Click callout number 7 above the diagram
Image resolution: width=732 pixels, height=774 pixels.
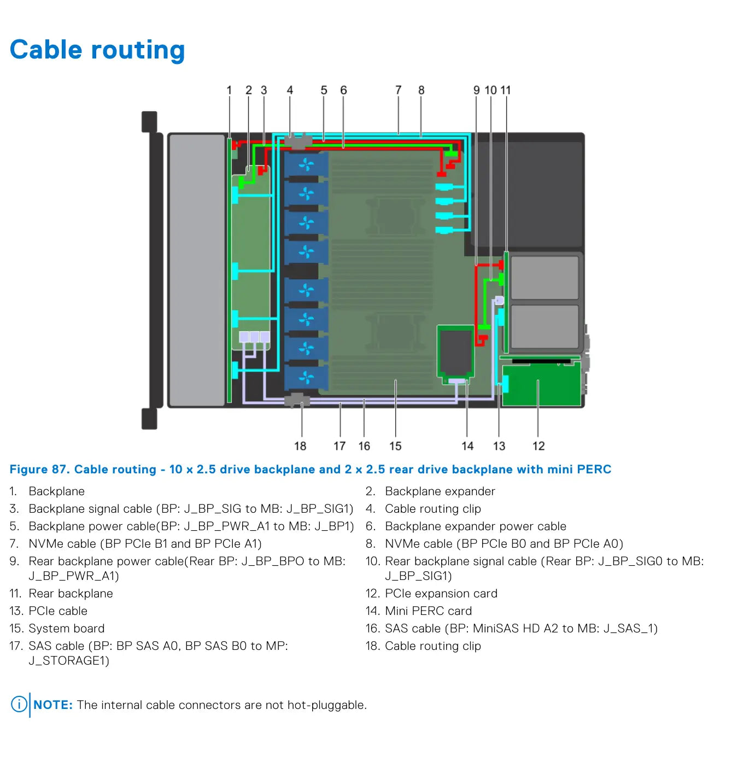[x=398, y=90]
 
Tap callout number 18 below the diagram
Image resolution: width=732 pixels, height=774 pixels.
[x=300, y=446]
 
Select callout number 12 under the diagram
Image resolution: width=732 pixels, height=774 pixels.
[x=538, y=446]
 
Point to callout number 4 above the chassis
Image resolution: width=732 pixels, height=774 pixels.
[x=290, y=90]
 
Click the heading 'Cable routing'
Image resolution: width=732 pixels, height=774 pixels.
[x=97, y=50]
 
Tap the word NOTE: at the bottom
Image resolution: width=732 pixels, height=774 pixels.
[x=53, y=705]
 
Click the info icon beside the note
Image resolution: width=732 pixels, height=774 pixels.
[x=19, y=705]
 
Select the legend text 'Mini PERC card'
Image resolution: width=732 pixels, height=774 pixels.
[x=428, y=611]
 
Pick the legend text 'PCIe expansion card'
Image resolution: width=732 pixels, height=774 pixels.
[x=441, y=593]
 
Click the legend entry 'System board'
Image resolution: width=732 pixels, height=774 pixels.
[x=67, y=629]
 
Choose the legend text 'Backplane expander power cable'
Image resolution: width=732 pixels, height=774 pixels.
[x=475, y=526]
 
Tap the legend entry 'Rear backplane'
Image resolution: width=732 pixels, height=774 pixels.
[x=71, y=593]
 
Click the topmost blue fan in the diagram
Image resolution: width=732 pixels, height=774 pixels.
[x=306, y=165]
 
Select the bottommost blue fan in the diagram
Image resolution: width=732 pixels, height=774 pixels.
[x=306, y=377]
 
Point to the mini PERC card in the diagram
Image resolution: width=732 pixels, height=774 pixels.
[x=455, y=353]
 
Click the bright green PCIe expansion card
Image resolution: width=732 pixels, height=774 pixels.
[x=541, y=384]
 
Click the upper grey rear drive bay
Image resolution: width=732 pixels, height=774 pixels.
[x=544, y=278]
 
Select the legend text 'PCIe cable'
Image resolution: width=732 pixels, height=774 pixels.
[x=58, y=611]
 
